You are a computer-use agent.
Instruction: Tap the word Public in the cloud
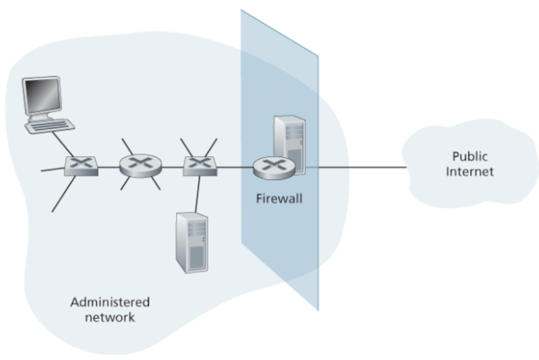point(469,157)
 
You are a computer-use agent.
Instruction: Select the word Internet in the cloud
point(469,172)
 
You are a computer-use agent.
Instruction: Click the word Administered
point(110,302)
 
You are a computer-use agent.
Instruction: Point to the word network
point(110,317)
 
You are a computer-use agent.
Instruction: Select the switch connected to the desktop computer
point(81,166)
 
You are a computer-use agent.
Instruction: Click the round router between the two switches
point(140,166)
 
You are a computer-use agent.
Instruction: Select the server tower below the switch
point(191,241)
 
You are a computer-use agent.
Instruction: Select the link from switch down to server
point(198,193)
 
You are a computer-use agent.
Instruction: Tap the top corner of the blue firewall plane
point(242,11)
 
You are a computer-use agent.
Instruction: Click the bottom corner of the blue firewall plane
point(318,309)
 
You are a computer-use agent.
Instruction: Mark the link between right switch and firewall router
point(235,167)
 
